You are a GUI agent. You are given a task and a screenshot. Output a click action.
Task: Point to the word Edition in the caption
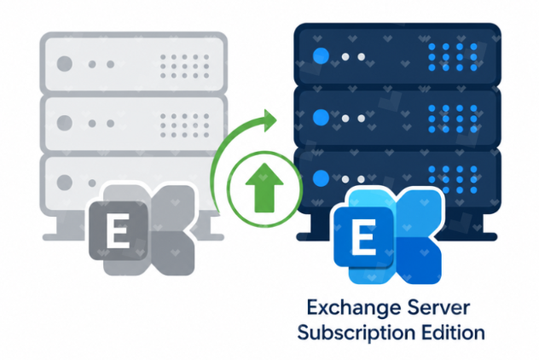tap(453, 333)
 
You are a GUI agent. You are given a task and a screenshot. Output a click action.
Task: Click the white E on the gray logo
tap(119, 231)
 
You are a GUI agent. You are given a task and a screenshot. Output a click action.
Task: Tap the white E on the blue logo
tap(363, 238)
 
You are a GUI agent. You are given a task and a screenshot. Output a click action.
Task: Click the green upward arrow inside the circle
tap(264, 188)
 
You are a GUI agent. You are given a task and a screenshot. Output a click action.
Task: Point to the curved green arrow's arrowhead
tap(270, 120)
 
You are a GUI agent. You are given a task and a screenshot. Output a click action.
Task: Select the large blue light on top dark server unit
tap(322, 55)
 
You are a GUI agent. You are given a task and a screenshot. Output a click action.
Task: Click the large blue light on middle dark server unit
tap(322, 117)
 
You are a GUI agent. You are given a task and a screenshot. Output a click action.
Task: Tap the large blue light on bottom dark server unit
tap(322, 177)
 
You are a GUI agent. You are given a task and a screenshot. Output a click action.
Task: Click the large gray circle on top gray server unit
tap(64, 64)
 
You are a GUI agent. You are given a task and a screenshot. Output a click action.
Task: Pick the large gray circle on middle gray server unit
tap(64, 123)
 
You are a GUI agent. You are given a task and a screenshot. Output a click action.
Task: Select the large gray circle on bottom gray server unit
tap(64, 183)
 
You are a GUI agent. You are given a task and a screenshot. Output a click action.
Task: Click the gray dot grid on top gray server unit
tap(184, 67)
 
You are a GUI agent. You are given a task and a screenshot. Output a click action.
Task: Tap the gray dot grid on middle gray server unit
tap(184, 125)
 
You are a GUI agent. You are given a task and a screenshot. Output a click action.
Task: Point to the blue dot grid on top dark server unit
tap(453, 57)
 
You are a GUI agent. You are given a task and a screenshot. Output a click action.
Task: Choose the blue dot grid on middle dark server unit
tap(453, 119)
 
